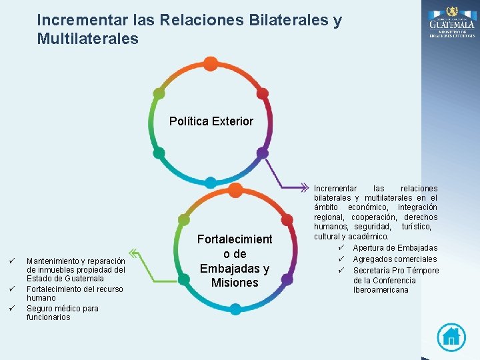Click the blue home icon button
coord(451,337)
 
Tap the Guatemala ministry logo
coord(451,22)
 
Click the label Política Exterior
coord(211,121)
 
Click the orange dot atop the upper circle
coord(211,64)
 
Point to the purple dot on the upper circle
coord(263,153)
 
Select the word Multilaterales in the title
coord(88,39)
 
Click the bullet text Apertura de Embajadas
coord(395,248)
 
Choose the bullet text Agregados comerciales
coord(395,259)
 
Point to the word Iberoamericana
coord(381,290)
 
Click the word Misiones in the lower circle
coord(235,283)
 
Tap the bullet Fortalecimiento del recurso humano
coord(75,293)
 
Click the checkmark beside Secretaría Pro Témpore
coord(340,270)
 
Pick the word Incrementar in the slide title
coord(75,21)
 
